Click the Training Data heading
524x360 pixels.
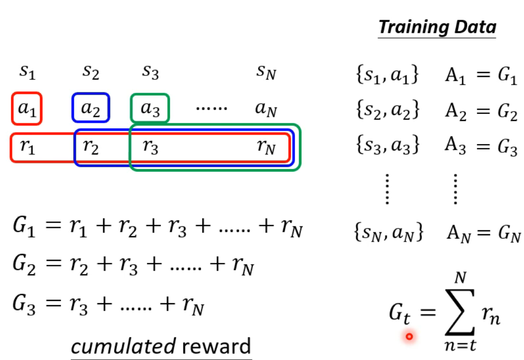[x=437, y=27]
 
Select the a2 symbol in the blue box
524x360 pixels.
[x=90, y=108]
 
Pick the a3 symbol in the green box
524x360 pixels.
[x=150, y=108]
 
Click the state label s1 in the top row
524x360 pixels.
[x=27, y=73]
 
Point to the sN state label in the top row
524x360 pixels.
[x=266, y=73]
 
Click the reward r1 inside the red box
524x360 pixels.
[x=28, y=147]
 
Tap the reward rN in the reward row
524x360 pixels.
[x=266, y=147]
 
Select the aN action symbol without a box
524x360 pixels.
[x=266, y=109]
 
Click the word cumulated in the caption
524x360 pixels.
[x=123, y=346]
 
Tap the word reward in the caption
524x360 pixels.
[x=216, y=346]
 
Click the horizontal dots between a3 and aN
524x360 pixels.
[x=212, y=108]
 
